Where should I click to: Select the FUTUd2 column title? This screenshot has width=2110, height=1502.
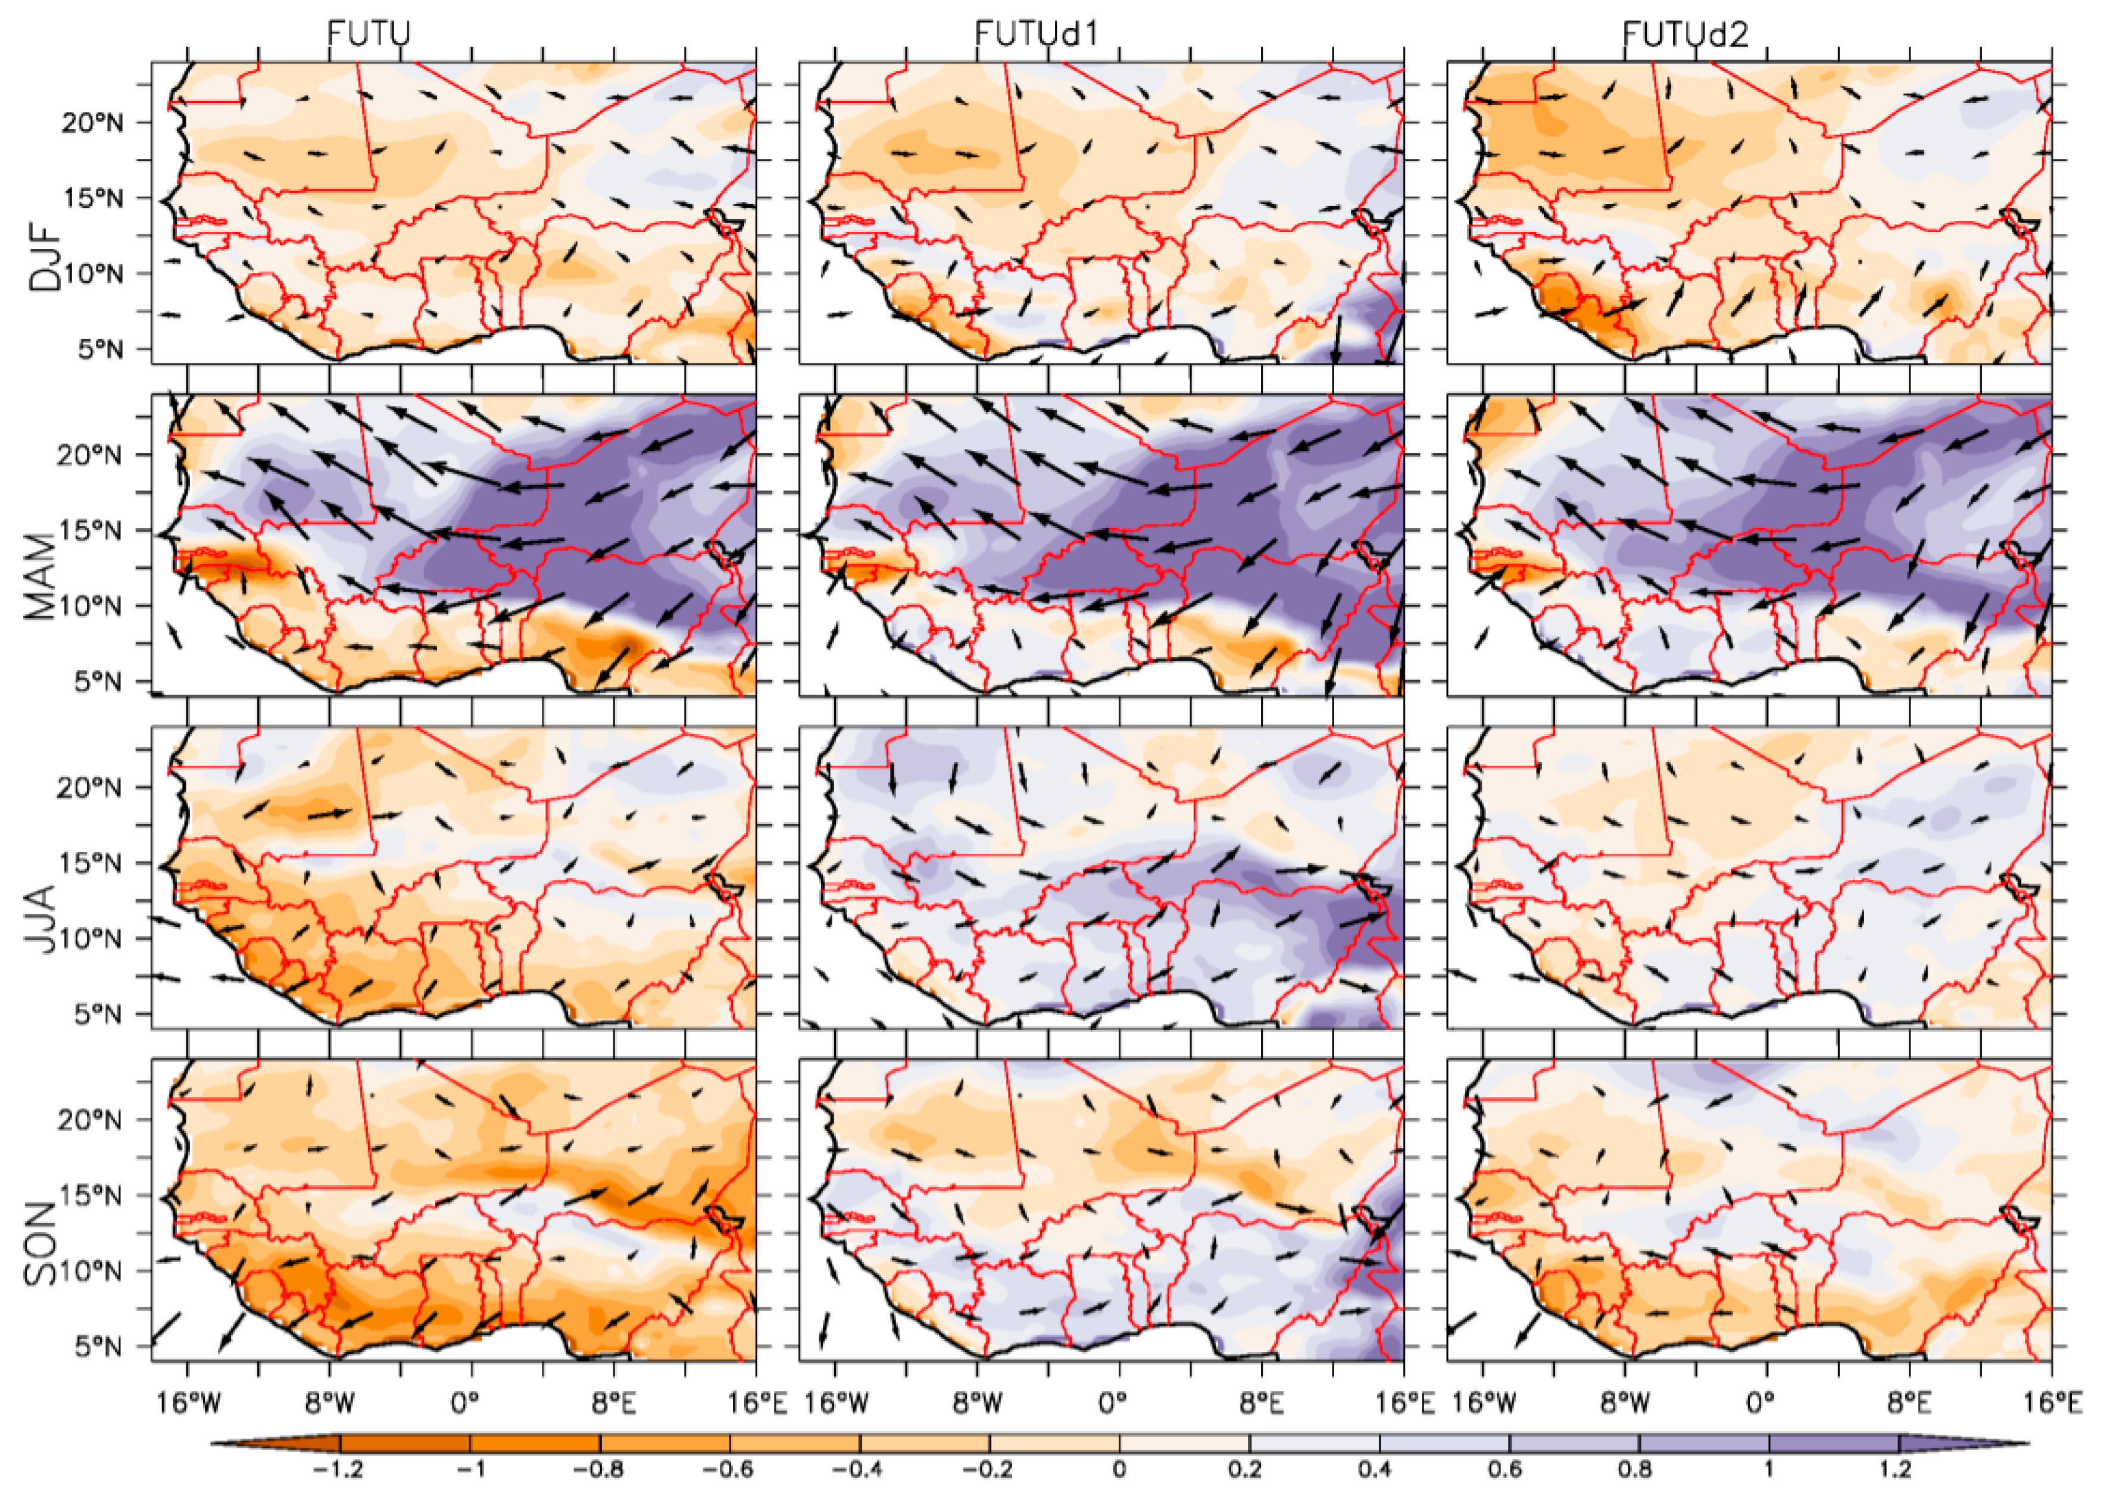click(x=1685, y=34)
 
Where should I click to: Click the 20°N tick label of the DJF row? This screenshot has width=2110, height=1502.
click(x=92, y=123)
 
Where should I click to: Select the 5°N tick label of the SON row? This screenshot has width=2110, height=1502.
click(x=99, y=1345)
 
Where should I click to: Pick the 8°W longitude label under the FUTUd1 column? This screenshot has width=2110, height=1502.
click(x=977, y=1403)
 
